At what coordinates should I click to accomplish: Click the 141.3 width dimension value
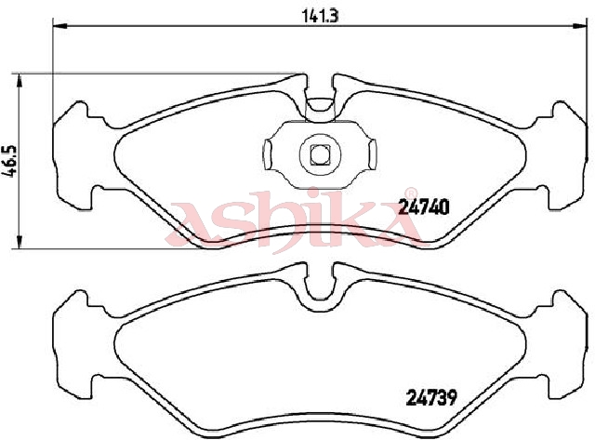[320, 16]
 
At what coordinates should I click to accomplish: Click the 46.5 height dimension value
[11, 161]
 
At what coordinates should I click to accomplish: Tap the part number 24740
[424, 207]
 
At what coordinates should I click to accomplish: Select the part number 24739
[431, 398]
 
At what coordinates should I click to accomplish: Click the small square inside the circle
[320, 155]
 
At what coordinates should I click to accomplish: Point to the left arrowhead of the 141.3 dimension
[59, 26]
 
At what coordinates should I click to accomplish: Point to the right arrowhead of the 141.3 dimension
[579, 26]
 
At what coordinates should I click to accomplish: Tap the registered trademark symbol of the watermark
[411, 193]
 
